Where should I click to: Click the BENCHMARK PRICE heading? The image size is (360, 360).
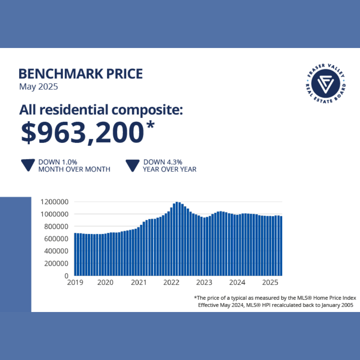tap(81, 74)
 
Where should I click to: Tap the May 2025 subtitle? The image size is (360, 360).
tap(38, 87)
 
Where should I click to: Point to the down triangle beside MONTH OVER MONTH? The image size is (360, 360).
tap(28, 165)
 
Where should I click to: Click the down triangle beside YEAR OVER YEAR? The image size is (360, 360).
tap(132, 165)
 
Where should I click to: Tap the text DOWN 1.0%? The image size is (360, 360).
tap(58, 162)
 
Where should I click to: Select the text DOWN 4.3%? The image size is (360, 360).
tap(163, 162)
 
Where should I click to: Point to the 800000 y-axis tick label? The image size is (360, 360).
tap(56, 226)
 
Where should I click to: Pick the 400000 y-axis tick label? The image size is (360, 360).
tap(56, 251)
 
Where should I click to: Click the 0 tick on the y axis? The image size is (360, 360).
tap(67, 276)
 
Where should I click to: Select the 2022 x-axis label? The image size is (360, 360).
tap(171, 283)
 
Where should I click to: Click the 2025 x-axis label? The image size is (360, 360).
tap(270, 283)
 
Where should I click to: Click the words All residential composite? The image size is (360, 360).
tap(101, 110)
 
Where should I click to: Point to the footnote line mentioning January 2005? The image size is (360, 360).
tap(275, 305)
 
